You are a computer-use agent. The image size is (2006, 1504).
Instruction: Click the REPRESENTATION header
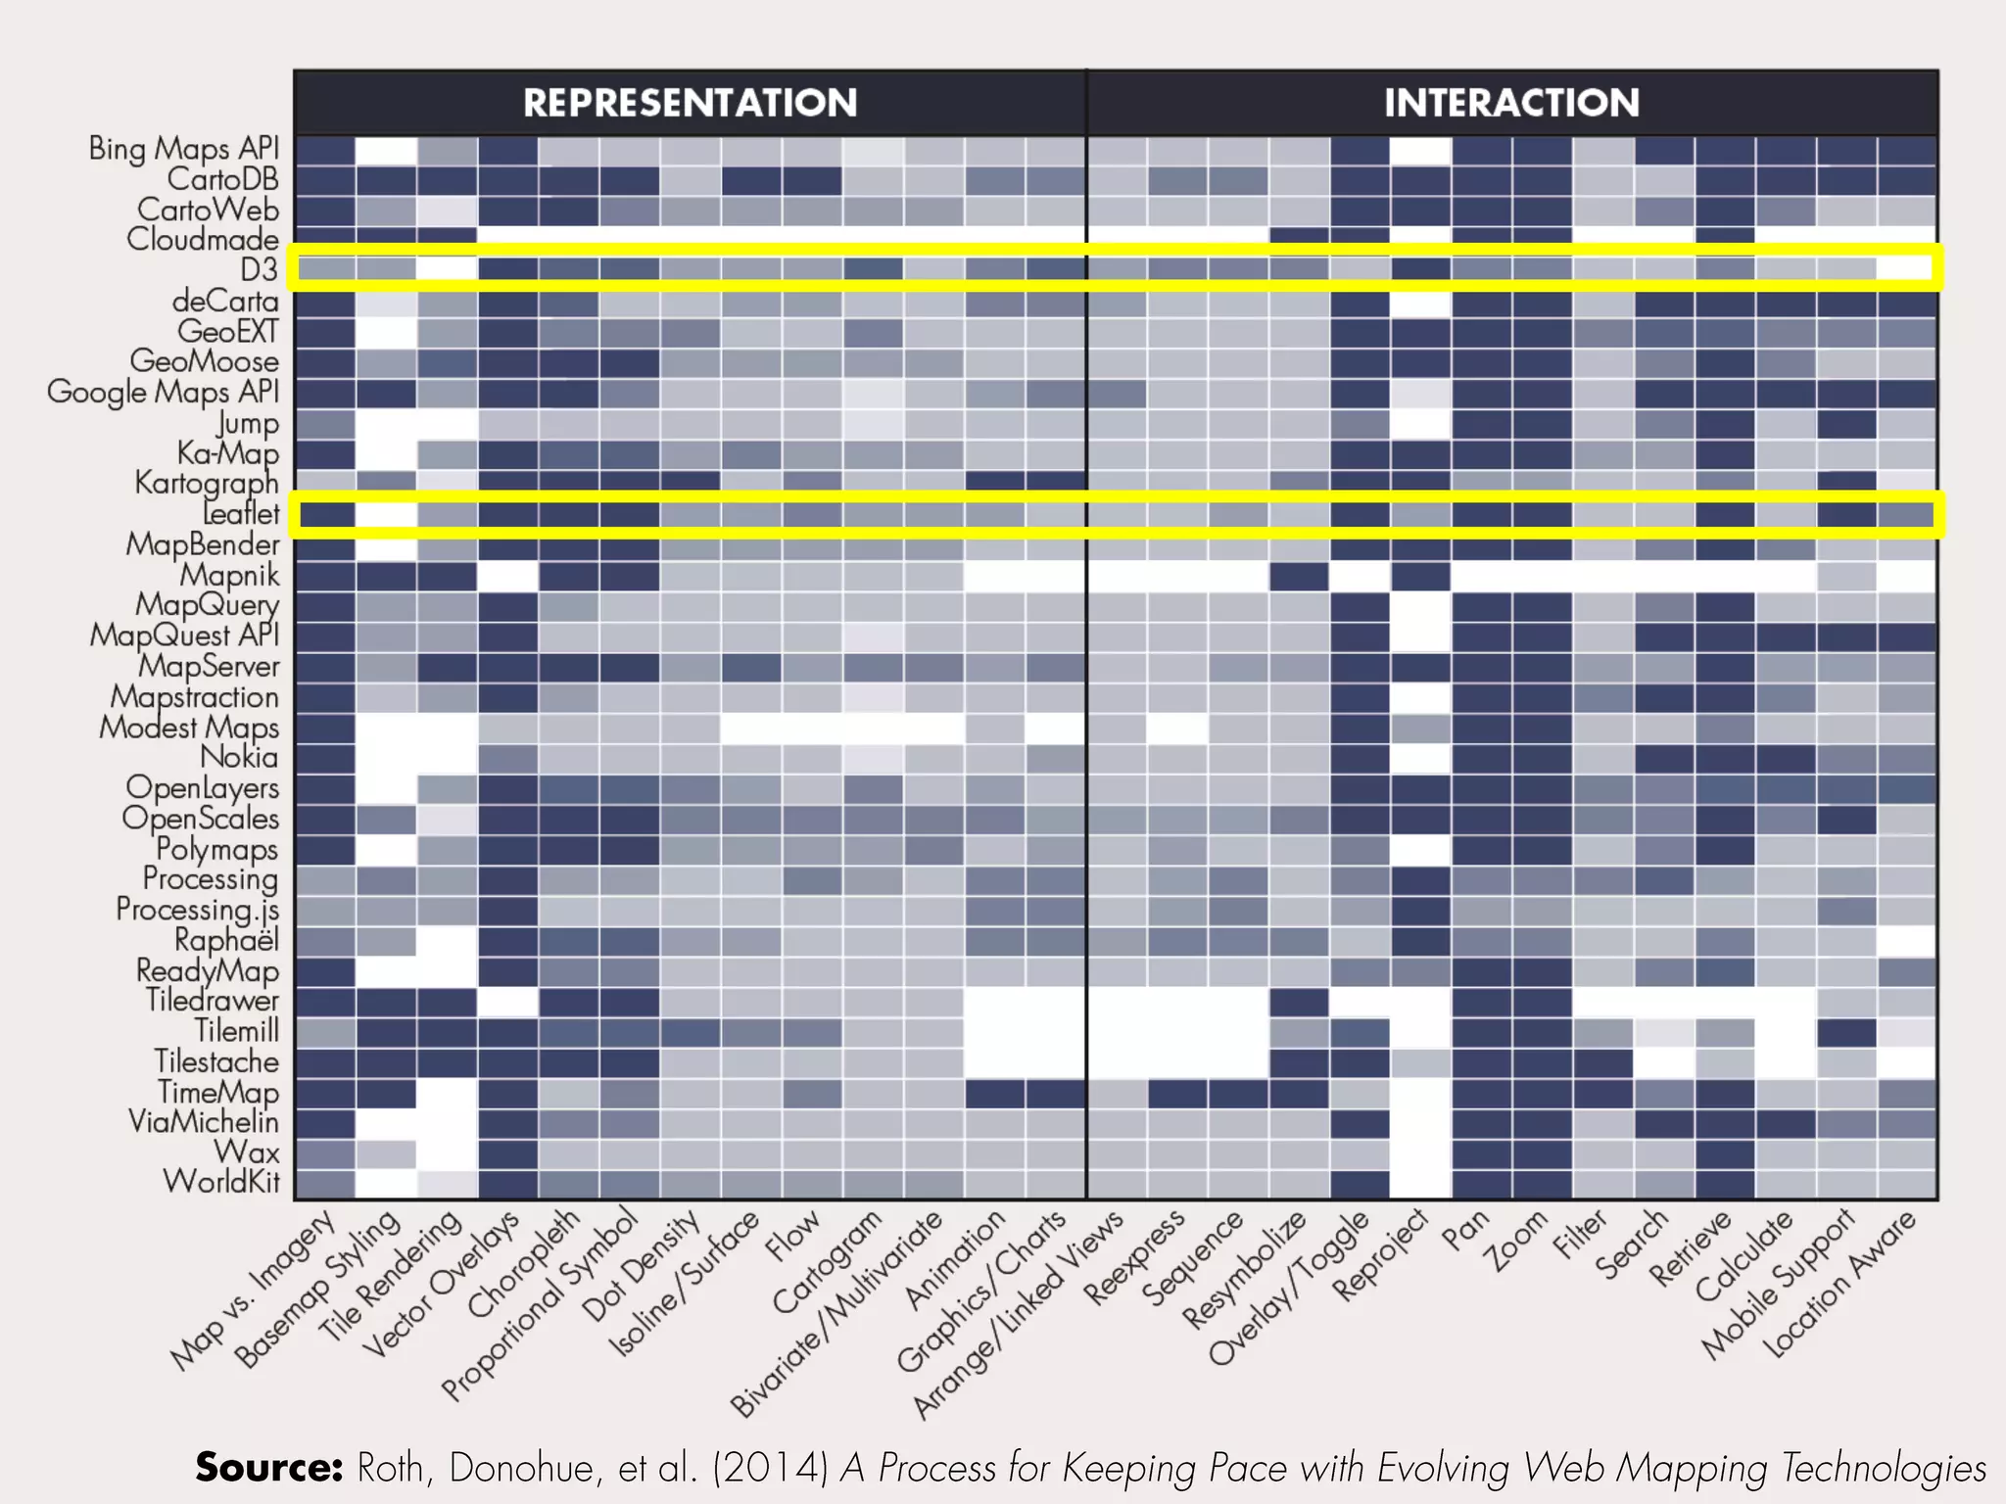pyautogui.click(x=690, y=103)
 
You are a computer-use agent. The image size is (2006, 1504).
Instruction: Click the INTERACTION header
pyautogui.click(x=1511, y=103)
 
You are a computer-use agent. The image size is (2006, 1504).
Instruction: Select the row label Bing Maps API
pyautogui.click(x=184, y=149)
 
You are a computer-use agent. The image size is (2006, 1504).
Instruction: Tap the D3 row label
pyautogui.click(x=260, y=269)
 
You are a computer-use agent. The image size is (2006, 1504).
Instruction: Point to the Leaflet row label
pyautogui.click(x=241, y=514)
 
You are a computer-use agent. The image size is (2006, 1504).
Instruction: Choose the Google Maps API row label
pyautogui.click(x=164, y=392)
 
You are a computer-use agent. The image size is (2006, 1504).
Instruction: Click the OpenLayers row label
pyautogui.click(x=203, y=788)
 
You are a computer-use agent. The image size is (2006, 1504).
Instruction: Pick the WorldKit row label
pyautogui.click(x=221, y=1182)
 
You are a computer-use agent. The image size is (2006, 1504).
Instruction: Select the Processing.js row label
pyautogui.click(x=197, y=910)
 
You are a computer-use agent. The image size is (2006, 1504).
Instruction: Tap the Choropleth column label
pyautogui.click(x=524, y=1263)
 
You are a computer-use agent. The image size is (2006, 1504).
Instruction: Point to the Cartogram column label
pyautogui.click(x=827, y=1263)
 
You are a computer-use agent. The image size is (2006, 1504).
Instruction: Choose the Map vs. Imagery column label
pyautogui.click(x=252, y=1290)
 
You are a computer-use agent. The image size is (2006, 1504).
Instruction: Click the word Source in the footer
pyautogui.click(x=268, y=1467)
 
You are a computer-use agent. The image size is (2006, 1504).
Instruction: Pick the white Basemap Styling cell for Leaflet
pyautogui.click(x=386, y=514)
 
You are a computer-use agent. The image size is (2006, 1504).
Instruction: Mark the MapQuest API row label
pyautogui.click(x=184, y=635)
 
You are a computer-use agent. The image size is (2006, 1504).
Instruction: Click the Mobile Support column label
pyautogui.click(x=1777, y=1284)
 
